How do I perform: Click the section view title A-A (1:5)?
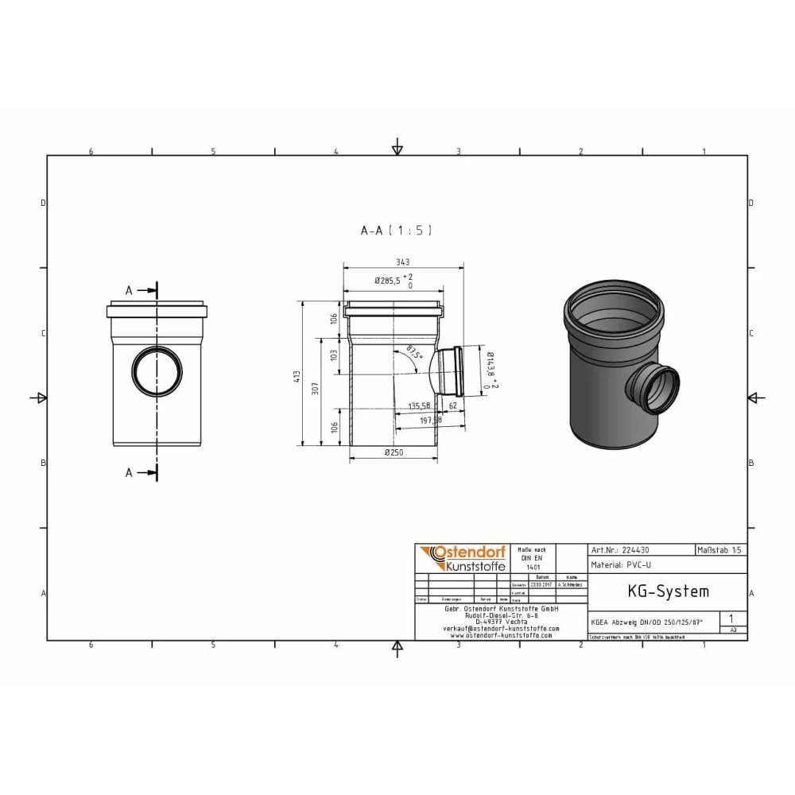tap(396, 231)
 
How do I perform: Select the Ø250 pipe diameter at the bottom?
tap(393, 453)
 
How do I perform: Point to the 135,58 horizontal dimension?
tap(419, 405)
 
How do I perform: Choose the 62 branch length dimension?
tap(452, 405)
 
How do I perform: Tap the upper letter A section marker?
tap(129, 291)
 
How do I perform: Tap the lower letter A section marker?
tap(129, 472)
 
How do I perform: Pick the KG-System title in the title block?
tap(657, 591)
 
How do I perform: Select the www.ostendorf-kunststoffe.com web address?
tap(501, 635)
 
